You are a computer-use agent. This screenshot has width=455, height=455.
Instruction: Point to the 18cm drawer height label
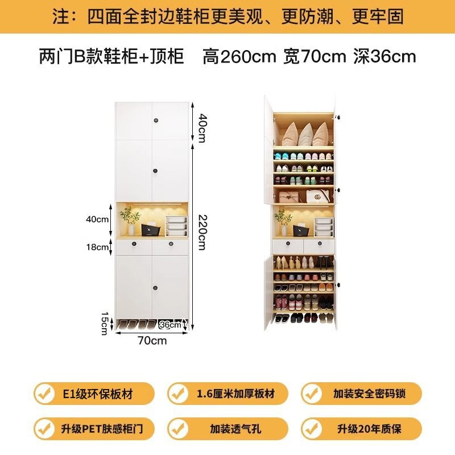pyautogui.click(x=97, y=247)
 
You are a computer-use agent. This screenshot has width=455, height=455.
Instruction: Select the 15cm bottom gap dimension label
pyautogui.click(x=104, y=323)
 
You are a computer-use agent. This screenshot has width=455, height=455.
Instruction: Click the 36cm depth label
pyautogui.click(x=171, y=325)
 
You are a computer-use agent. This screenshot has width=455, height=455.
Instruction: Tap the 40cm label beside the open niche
pyautogui.click(x=97, y=219)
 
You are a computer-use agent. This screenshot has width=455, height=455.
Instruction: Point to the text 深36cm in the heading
pyautogui.click(x=384, y=57)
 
